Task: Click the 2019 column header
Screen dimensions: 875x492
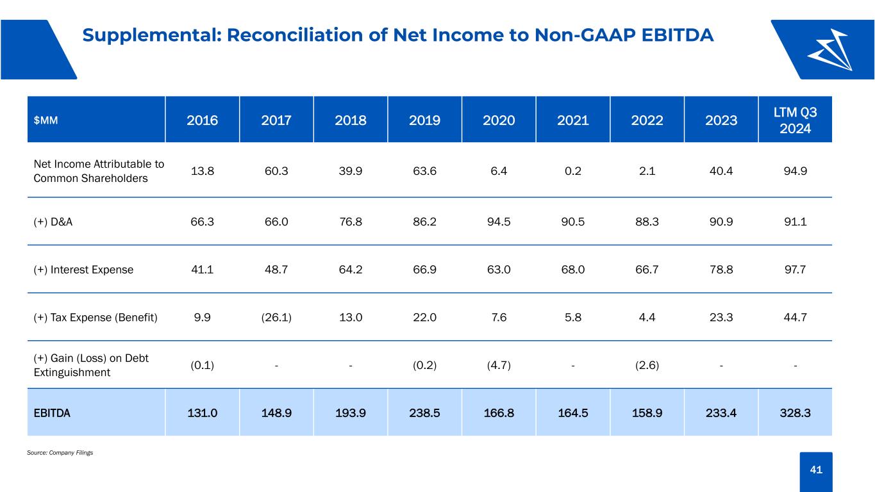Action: (x=424, y=120)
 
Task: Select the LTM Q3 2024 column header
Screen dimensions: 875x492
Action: (x=796, y=120)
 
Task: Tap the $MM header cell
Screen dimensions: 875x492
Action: (x=46, y=120)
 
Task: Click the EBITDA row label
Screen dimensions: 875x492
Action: (x=52, y=413)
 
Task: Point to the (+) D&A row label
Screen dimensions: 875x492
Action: (x=53, y=222)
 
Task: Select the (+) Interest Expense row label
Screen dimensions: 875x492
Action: (x=83, y=270)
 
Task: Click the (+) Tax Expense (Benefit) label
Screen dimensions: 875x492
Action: (x=96, y=318)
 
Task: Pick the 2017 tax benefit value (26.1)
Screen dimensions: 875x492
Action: (x=276, y=318)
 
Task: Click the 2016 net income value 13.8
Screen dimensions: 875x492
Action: (x=203, y=171)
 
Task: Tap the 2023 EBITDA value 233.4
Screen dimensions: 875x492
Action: (x=721, y=413)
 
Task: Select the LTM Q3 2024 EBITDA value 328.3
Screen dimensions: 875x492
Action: (x=796, y=413)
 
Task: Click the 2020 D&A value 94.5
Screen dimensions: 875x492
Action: (x=499, y=222)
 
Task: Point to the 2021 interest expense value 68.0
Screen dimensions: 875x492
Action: (x=573, y=270)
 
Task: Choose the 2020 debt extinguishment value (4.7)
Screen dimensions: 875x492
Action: (x=499, y=365)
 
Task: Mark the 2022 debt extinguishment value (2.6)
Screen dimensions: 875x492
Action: (x=647, y=365)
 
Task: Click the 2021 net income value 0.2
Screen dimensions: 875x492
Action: (x=573, y=171)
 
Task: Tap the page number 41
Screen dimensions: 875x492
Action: (x=816, y=470)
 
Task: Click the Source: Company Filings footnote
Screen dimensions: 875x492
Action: (x=60, y=452)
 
